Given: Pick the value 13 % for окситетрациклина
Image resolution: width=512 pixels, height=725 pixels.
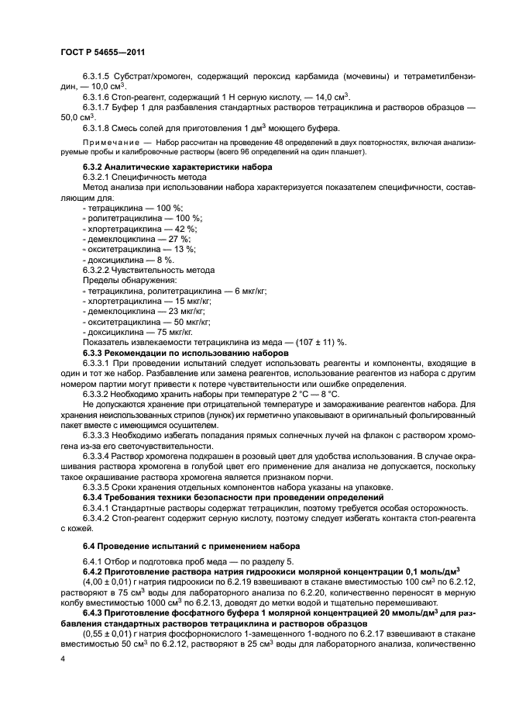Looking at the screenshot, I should pos(183,250).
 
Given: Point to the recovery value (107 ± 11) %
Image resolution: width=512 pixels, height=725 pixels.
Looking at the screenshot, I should pos(319,341).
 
